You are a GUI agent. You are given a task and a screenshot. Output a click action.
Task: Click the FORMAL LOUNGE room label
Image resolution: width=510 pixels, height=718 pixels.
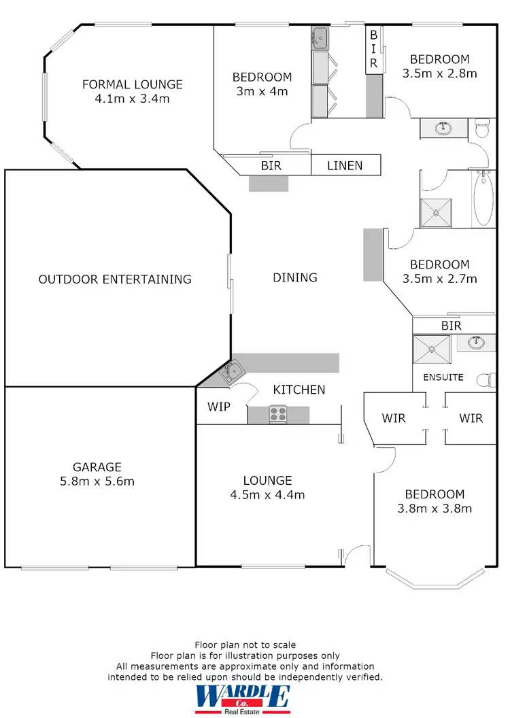pos(132,84)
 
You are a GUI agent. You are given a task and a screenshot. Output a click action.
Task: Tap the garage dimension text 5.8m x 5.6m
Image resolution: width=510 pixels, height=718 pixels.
pos(97,481)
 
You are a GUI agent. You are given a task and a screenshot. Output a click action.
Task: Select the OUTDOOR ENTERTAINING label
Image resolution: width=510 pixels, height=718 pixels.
pos(115,279)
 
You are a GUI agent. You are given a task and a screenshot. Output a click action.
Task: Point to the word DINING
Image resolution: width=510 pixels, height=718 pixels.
pos(295,277)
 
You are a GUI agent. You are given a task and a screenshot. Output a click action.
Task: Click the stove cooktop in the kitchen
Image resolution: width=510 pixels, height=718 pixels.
pos(277,414)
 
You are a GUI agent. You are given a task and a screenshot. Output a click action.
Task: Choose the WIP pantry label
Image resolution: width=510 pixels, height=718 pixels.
pos(218,407)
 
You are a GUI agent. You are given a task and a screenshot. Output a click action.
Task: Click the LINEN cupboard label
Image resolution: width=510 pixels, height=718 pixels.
pos(345,165)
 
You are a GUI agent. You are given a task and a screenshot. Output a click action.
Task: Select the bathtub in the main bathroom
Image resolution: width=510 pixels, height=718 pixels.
pos(482,199)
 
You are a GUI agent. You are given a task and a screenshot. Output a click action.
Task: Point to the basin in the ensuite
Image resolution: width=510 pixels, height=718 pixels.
pos(477,342)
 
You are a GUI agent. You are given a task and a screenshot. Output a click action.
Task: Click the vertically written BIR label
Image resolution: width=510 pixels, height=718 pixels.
pos(373,48)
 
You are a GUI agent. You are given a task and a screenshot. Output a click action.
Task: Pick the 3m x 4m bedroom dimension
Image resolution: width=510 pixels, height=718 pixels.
pos(262,91)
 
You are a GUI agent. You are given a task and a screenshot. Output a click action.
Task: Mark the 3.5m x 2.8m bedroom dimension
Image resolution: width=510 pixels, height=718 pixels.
pos(439,73)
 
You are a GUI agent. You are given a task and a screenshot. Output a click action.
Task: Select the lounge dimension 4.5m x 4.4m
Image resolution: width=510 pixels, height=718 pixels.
pos(267,494)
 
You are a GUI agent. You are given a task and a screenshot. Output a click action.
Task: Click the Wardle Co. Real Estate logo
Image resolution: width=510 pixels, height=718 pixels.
pos(243,699)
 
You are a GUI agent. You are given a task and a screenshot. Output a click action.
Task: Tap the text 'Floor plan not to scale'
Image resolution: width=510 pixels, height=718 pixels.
pos(245,645)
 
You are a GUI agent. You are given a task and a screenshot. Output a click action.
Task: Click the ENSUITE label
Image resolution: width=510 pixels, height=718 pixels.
pos(443,377)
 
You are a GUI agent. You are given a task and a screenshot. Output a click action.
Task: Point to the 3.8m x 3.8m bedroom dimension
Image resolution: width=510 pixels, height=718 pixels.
pos(435,508)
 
